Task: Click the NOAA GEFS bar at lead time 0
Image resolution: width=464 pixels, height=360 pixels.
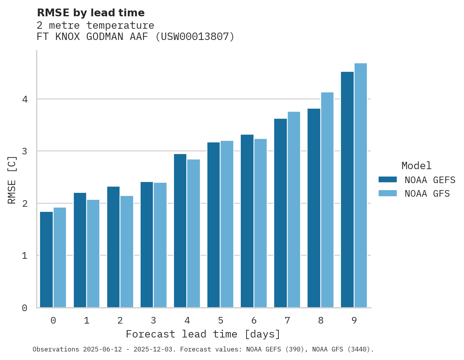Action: click(46, 260)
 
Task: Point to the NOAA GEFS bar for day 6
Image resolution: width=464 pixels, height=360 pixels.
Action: click(247, 221)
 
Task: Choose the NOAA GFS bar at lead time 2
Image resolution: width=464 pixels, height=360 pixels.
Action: click(127, 252)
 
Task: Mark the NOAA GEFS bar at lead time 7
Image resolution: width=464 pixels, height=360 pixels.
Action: click(280, 213)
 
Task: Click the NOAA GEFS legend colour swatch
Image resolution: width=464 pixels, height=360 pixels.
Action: click(388, 180)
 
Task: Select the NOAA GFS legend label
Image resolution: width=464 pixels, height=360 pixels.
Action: click(427, 194)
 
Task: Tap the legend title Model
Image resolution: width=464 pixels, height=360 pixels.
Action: click(416, 166)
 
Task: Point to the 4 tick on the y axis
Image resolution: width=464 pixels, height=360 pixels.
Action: click(25, 99)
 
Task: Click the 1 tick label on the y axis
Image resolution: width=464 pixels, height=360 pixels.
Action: click(25, 256)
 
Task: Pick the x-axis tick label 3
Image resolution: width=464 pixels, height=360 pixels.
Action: click(153, 320)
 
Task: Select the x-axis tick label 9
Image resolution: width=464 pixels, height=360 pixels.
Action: click(354, 320)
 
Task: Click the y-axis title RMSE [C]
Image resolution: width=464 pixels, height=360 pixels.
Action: click(12, 180)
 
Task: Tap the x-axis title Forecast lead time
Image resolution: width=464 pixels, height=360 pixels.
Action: click(203, 334)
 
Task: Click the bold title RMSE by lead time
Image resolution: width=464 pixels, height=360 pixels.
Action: click(91, 13)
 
